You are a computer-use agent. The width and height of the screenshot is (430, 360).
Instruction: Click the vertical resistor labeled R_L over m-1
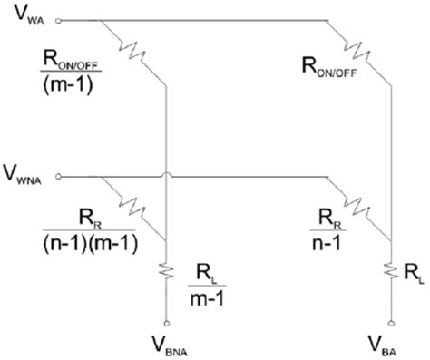(166, 270)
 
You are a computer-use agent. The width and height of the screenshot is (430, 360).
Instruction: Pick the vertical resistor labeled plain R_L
(391, 270)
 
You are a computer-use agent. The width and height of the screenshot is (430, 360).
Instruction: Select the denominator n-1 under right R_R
(331, 243)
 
